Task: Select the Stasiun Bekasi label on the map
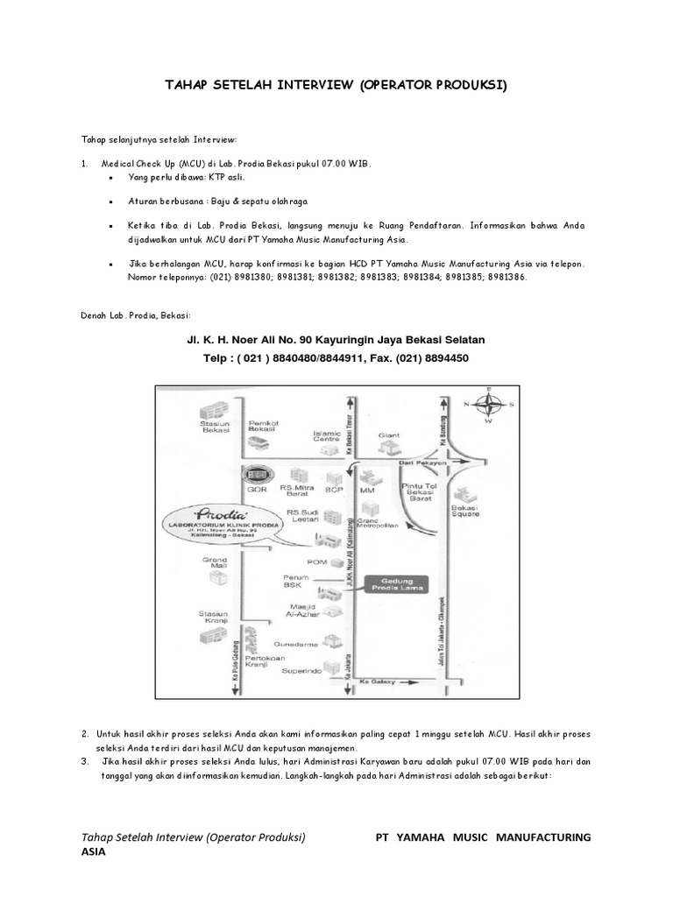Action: point(215,427)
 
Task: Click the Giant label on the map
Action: point(388,434)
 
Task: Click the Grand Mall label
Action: point(216,562)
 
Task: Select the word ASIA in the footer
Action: point(93,852)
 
